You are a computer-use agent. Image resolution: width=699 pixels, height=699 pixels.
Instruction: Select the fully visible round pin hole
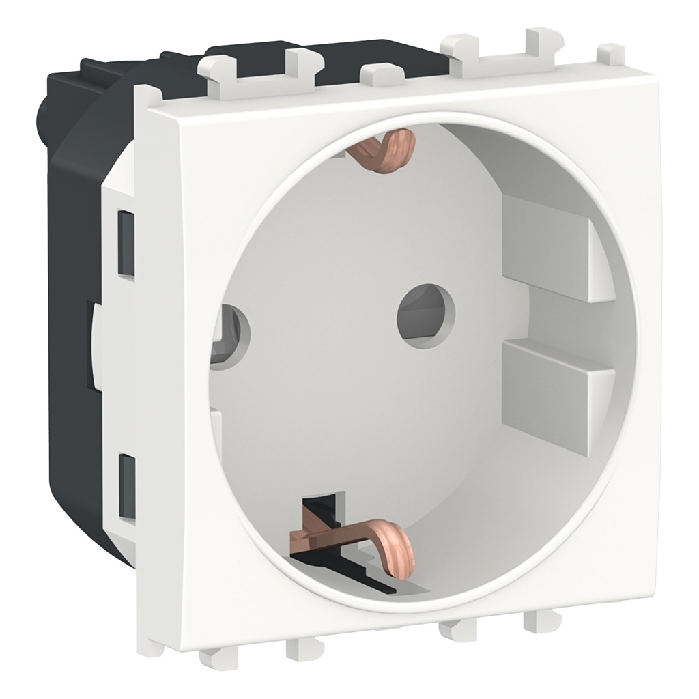pos(425,315)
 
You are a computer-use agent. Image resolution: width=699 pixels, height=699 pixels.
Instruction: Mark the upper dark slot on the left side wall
pos(126,242)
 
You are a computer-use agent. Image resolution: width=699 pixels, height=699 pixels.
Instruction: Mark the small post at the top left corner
pos(147,96)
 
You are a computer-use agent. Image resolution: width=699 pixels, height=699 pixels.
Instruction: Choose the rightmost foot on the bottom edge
pos(539,621)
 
